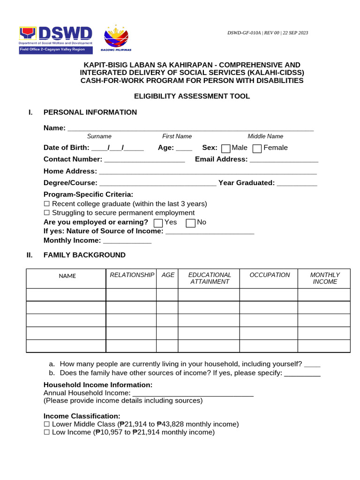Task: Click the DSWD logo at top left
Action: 56,39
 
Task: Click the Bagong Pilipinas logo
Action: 116,37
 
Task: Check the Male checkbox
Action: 226,149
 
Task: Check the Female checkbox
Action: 257,149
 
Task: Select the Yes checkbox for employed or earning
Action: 158,223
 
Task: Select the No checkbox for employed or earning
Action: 190,223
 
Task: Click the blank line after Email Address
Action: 284,160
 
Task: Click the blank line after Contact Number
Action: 144,160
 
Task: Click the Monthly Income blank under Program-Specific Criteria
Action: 127,241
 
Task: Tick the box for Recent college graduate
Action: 46,204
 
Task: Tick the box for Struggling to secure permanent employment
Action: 46,213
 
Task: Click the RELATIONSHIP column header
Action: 132,275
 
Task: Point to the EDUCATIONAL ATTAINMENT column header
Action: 210,278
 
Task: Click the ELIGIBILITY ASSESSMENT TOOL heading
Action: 192,97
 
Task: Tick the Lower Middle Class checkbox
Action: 46,424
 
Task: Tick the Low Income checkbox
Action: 46,432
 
